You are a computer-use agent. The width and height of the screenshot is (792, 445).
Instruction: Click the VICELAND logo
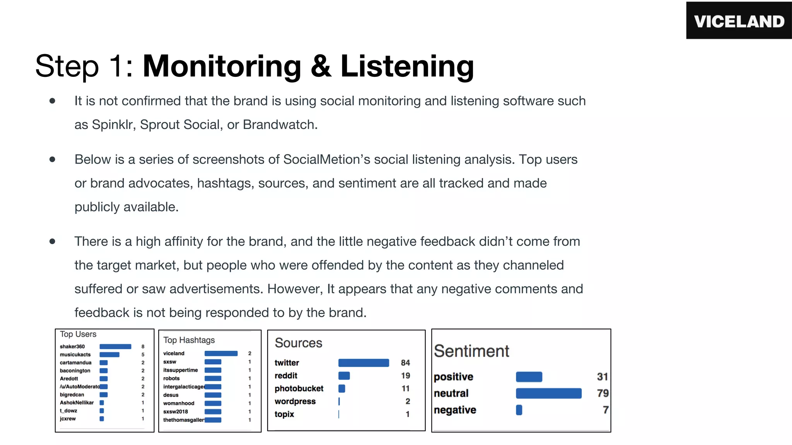tap(739, 21)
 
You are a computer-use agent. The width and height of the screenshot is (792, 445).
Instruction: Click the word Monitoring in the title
tap(222, 66)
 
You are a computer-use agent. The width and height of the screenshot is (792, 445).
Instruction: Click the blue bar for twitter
tap(364, 363)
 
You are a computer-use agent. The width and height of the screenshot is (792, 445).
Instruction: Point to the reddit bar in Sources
tap(344, 375)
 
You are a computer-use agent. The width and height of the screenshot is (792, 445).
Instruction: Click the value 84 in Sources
tap(405, 363)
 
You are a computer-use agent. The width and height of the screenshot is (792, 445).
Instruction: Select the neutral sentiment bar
tap(548, 393)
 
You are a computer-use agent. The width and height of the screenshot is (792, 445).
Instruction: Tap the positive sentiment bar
tap(529, 377)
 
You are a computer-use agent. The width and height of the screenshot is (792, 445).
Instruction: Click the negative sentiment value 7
tap(605, 410)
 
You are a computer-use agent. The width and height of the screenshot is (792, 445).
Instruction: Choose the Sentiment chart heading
tap(471, 351)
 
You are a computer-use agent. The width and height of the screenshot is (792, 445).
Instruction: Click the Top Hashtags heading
tap(189, 340)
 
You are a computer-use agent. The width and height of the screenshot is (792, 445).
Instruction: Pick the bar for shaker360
tap(115, 346)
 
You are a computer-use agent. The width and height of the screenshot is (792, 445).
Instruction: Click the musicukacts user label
tap(75, 355)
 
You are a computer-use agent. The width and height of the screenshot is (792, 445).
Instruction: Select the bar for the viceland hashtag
tap(221, 353)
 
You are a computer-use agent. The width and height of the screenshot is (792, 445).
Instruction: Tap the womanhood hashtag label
tap(179, 403)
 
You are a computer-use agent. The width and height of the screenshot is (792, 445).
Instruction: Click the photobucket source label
tap(299, 389)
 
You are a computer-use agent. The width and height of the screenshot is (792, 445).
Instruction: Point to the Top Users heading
tap(78, 334)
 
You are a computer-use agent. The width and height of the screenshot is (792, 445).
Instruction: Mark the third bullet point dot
tap(52, 242)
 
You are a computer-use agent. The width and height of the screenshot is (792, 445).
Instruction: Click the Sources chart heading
tap(298, 343)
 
